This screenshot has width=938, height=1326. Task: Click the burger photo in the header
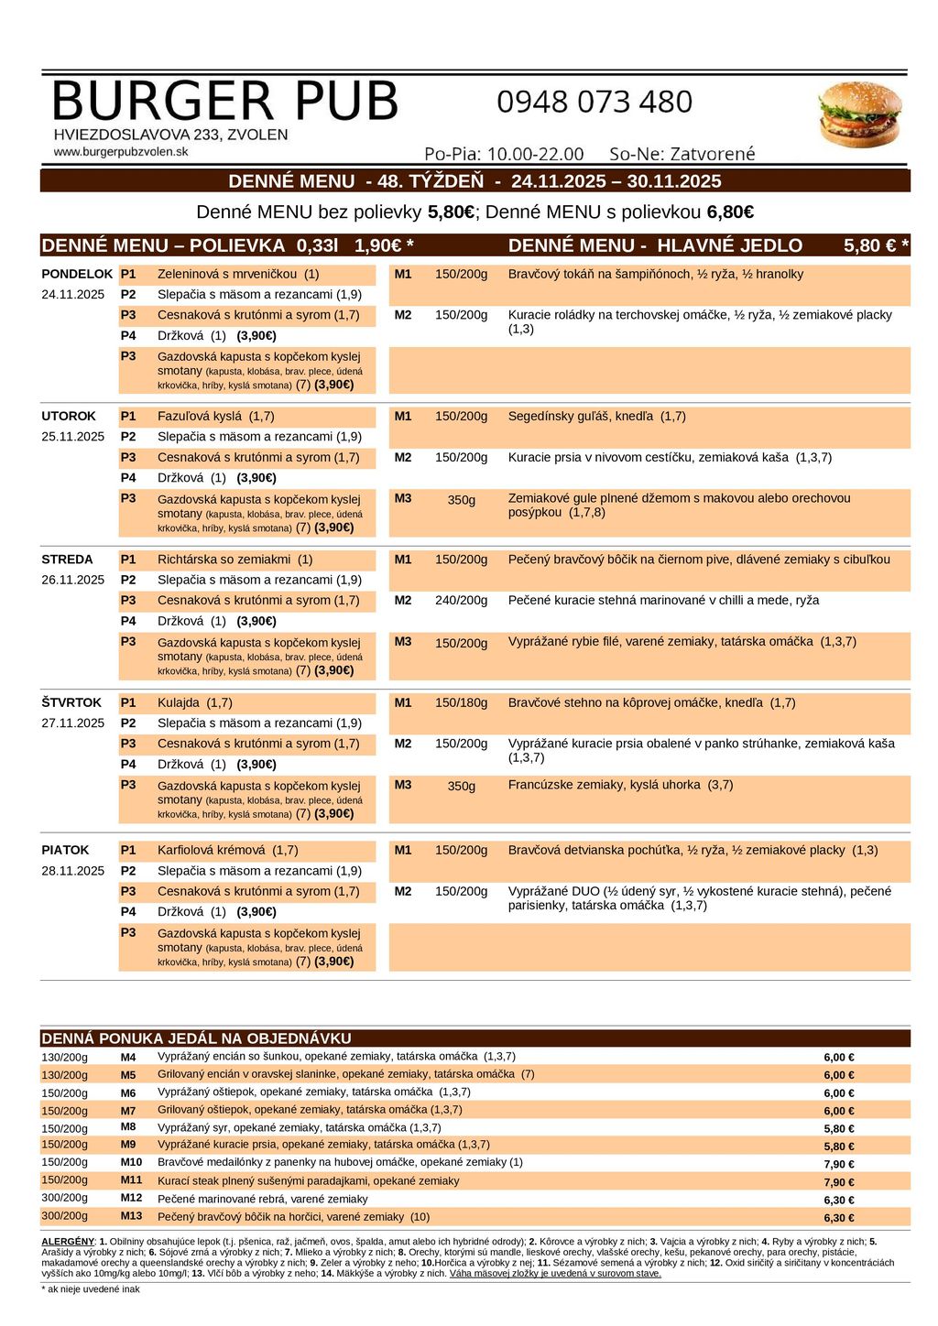click(x=858, y=114)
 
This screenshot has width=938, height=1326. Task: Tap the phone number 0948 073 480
click(x=594, y=102)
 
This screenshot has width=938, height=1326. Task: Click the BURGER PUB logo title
click(x=225, y=101)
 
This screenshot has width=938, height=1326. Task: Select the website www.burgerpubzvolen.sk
click(x=121, y=152)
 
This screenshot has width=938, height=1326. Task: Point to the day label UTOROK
click(x=69, y=416)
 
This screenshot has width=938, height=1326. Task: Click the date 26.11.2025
click(x=73, y=580)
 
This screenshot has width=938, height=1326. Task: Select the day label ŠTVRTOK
click(x=71, y=702)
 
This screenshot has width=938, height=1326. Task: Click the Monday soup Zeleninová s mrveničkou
click(x=227, y=274)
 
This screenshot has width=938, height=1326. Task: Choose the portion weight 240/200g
click(x=461, y=601)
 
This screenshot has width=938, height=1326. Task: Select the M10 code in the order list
click(x=131, y=1162)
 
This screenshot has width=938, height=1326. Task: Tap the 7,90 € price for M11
click(x=838, y=1182)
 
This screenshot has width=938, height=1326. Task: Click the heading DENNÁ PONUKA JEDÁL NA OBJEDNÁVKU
click(x=196, y=1038)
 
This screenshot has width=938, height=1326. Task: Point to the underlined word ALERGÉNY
click(x=68, y=1241)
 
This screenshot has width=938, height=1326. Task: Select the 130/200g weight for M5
click(x=65, y=1075)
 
